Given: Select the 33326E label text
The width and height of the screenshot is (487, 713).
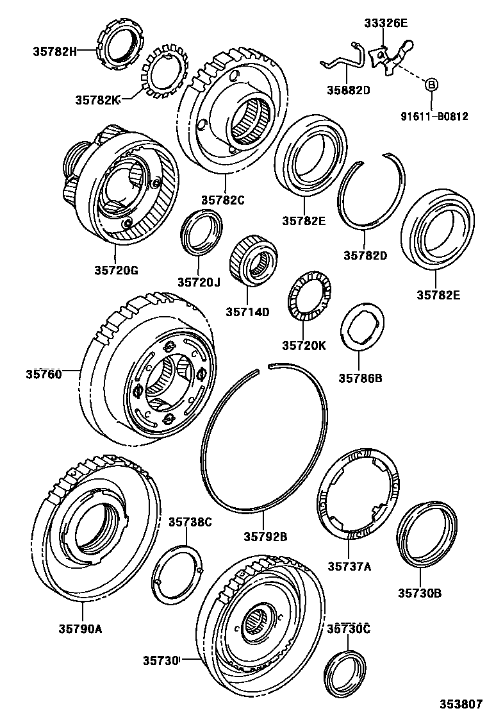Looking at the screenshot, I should coord(386,24).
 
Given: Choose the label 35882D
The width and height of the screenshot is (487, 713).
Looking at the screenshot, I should coord(349,90).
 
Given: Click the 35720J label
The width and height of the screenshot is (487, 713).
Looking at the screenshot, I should coord(199,281).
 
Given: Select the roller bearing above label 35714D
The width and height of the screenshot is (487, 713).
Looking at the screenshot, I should coord(255,261).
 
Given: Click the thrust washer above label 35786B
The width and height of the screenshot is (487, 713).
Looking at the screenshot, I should coord(363,327).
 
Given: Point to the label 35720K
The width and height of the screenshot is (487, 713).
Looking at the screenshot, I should coord(304,346).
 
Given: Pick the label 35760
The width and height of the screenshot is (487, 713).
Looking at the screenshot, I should coord(44,373).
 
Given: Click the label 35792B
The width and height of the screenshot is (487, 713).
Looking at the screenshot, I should coord(265,536).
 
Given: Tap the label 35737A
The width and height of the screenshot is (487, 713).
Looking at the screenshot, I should coord(349,566).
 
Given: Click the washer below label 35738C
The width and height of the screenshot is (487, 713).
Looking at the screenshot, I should coord(179,574).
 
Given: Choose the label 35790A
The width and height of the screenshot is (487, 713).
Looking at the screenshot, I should coord(81,628).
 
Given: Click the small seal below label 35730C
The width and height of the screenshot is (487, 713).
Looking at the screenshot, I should coord(345,673).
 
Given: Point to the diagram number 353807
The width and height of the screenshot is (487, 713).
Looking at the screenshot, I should coord(460,702).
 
